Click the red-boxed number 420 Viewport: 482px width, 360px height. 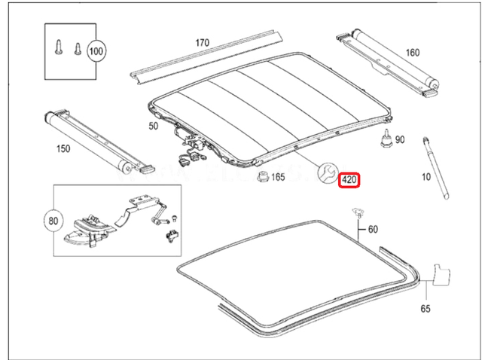tap(349, 181)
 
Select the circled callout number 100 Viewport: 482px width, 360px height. tap(96, 52)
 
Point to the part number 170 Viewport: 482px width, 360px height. tap(203, 43)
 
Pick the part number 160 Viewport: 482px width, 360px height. tap(413, 53)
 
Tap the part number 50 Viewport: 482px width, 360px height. tap(154, 127)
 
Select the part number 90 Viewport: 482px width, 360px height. tap(399, 140)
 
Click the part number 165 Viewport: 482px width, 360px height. tap(278, 178)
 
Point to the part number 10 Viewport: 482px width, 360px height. tap(427, 178)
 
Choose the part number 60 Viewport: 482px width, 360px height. tap(374, 229)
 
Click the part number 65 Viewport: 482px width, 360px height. tap(426, 309)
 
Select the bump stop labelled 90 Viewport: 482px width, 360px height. tap(386, 139)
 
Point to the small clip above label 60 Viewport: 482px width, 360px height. tap(355, 217)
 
